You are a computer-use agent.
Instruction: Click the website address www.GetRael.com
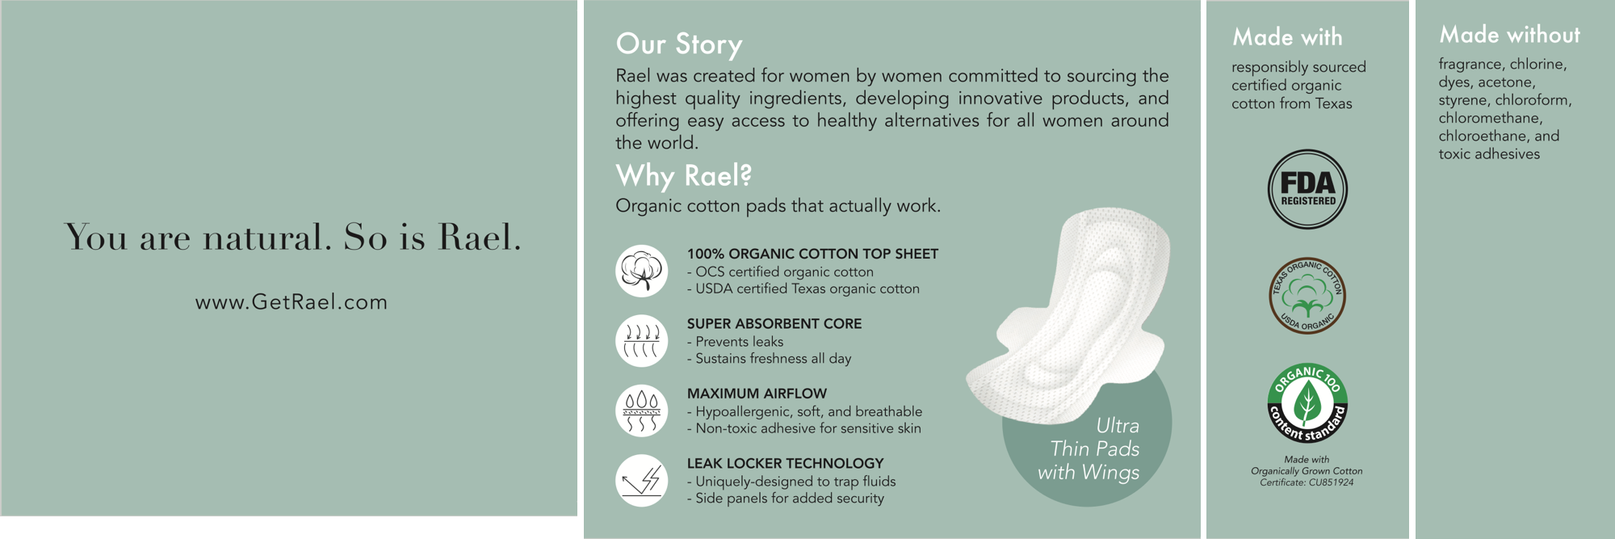(x=292, y=302)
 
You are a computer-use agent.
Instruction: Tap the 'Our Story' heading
(x=678, y=44)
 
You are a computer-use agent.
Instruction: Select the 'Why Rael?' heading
(x=684, y=175)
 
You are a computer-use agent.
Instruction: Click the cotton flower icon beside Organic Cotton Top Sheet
(x=642, y=271)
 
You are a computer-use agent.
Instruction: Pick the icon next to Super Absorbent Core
(x=642, y=341)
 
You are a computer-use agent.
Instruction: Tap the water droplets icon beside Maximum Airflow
(x=642, y=411)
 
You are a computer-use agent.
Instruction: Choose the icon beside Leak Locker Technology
(x=642, y=481)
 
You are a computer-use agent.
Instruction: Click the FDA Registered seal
(x=1307, y=190)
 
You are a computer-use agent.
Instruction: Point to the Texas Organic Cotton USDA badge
(x=1307, y=296)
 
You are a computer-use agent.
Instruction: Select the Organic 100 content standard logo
(x=1307, y=403)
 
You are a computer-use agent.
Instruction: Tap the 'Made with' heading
(x=1287, y=37)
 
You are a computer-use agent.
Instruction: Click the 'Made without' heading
(x=1509, y=35)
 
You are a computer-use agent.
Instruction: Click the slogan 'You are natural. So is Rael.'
(x=293, y=237)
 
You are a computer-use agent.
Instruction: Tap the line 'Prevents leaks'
(x=735, y=342)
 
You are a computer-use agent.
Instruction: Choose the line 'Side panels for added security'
(x=785, y=499)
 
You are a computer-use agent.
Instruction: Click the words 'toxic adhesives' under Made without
(x=1489, y=154)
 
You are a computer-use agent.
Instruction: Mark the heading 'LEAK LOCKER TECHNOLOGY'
(x=785, y=463)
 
